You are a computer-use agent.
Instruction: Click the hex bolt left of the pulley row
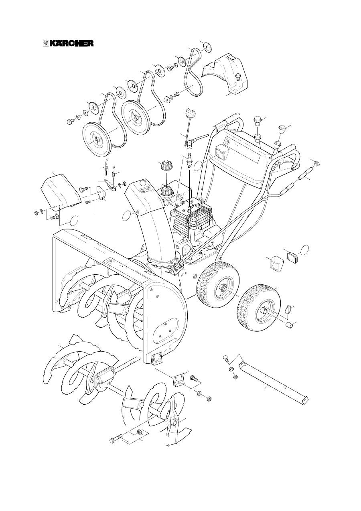(70, 122)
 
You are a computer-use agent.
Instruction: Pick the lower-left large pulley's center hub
(97, 139)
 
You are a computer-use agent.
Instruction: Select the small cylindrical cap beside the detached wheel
(289, 324)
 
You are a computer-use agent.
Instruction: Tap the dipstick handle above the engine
(190, 113)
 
